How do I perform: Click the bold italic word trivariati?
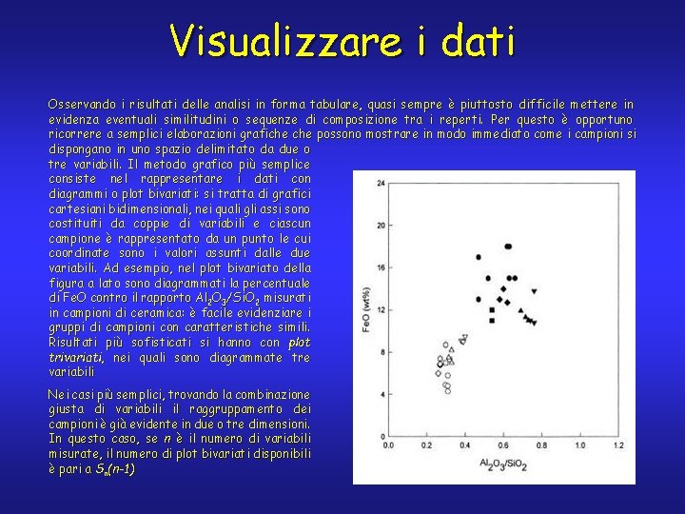point(77,358)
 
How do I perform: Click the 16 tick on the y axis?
point(382,267)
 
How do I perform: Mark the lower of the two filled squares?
point(491,321)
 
